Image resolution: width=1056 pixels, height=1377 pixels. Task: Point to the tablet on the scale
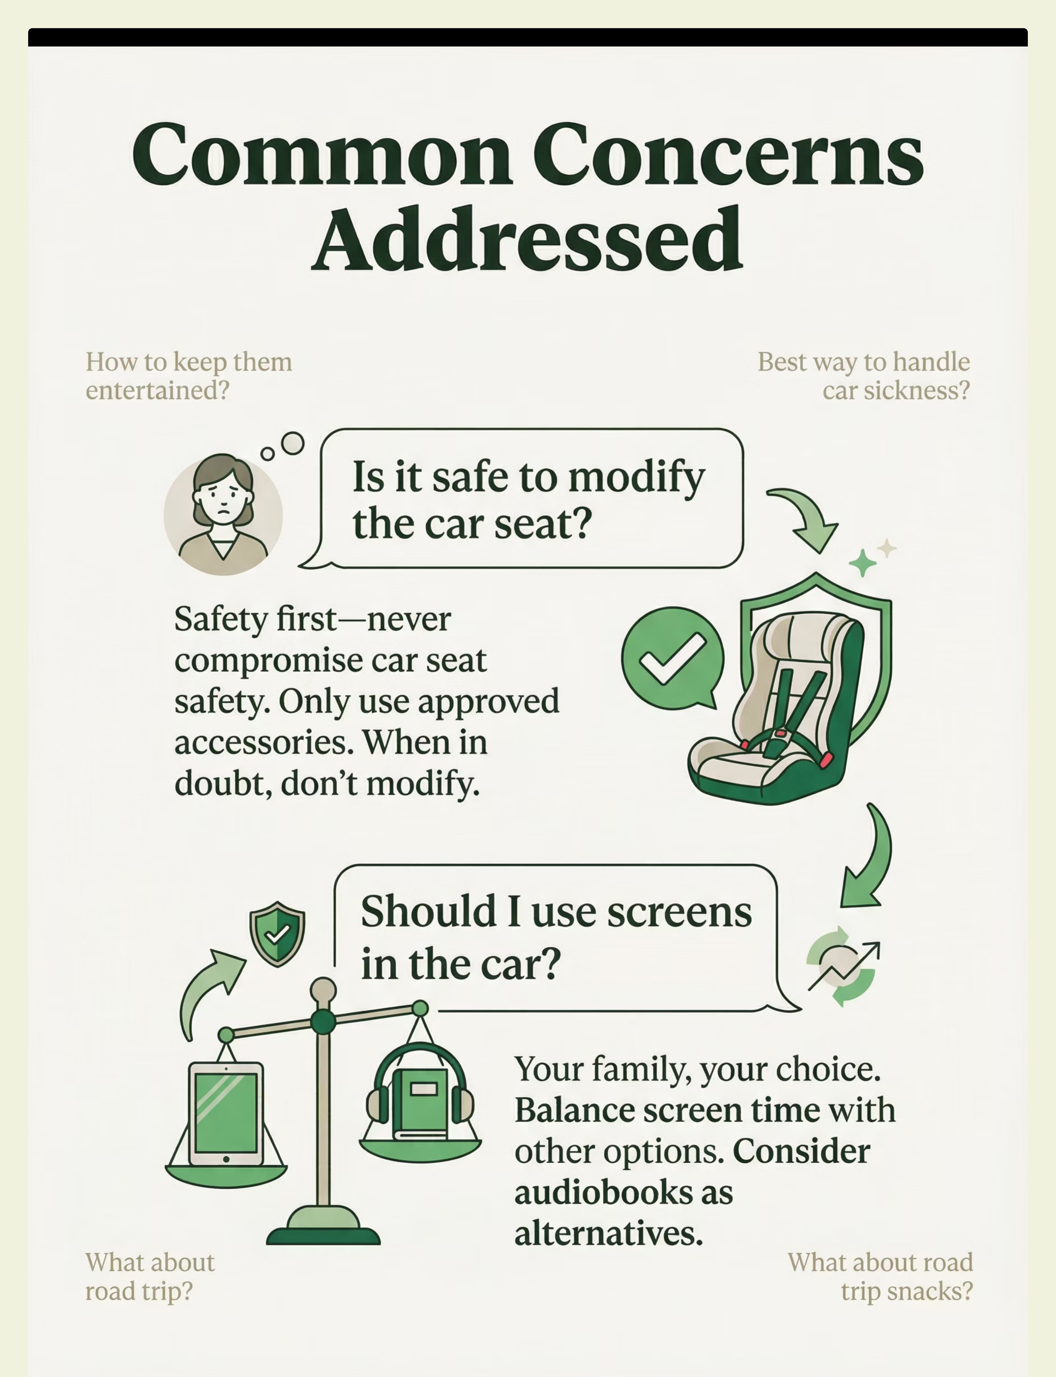(226, 1114)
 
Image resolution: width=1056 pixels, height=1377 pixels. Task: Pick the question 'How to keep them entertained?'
(189, 376)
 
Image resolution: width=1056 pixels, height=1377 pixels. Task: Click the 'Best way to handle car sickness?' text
(864, 376)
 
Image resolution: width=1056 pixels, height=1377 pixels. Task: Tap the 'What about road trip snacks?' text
(880, 1276)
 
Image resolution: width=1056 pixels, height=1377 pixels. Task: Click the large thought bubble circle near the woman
(292, 443)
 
